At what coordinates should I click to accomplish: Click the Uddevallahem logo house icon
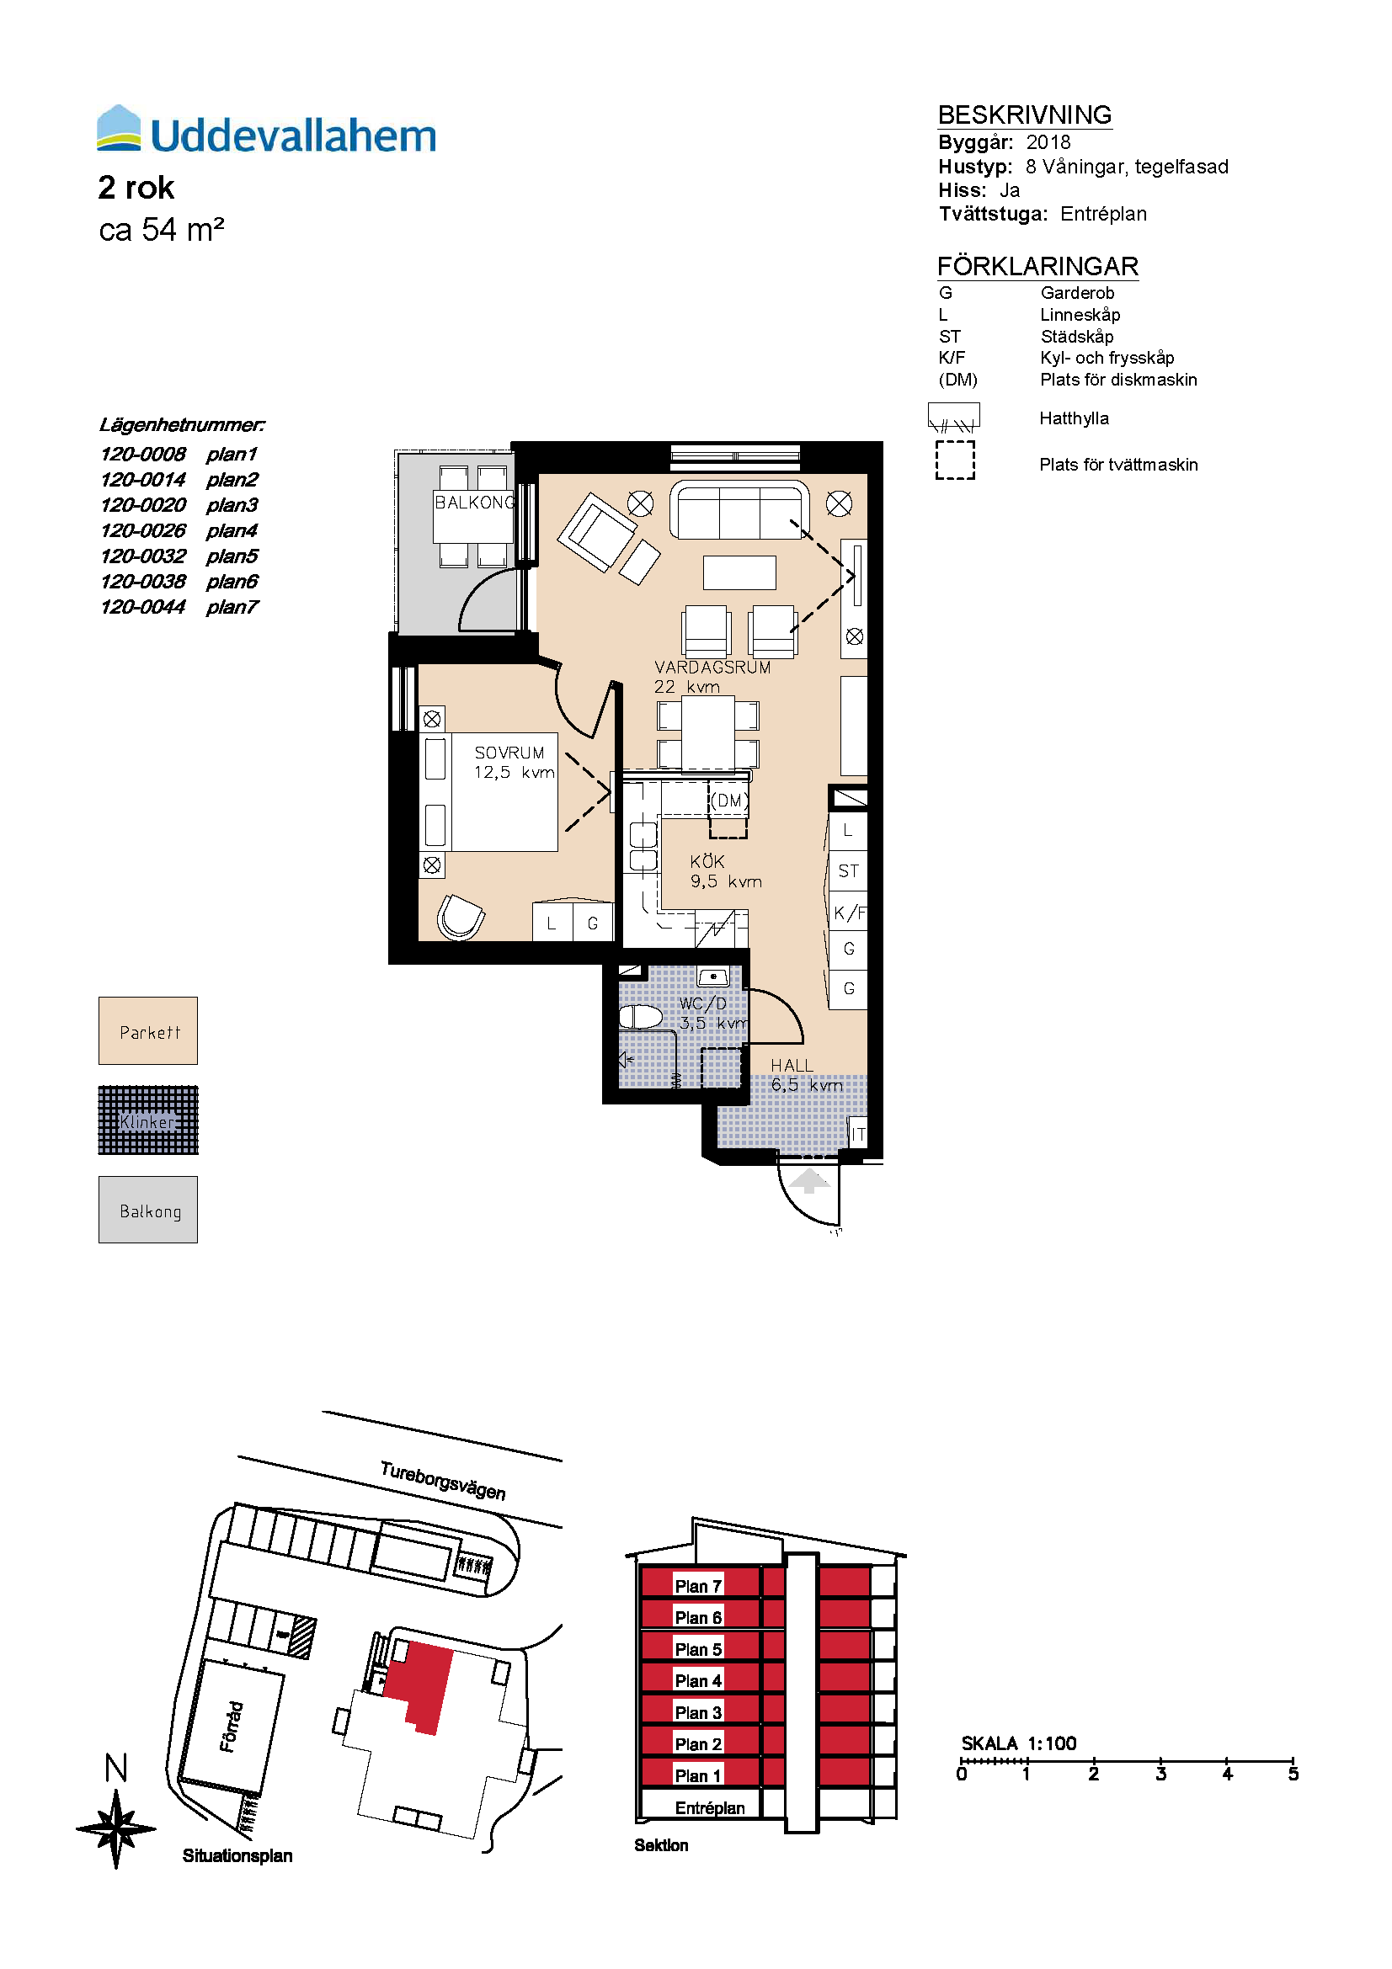point(119,128)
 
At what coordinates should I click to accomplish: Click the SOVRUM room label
point(509,752)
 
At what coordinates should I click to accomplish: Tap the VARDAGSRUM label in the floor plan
point(712,668)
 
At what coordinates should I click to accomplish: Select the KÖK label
point(707,861)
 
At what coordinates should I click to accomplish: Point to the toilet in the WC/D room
point(641,1017)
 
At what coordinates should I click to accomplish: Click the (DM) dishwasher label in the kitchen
point(729,800)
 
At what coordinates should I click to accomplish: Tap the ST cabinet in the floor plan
point(848,871)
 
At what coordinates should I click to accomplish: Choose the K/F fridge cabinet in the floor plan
point(848,913)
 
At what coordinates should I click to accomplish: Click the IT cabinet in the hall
point(856,1133)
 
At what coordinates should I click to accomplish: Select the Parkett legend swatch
point(148,1031)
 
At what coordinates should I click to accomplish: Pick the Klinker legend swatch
point(148,1120)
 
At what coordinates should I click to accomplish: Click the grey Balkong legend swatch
point(148,1209)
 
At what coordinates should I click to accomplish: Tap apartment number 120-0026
point(142,531)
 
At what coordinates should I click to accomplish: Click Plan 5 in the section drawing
point(698,1649)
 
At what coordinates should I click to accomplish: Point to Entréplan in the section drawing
point(709,1807)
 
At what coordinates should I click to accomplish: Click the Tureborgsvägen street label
point(443,1480)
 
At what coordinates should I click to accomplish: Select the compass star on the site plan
point(117,1829)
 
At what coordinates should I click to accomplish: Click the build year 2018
point(1048,142)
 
